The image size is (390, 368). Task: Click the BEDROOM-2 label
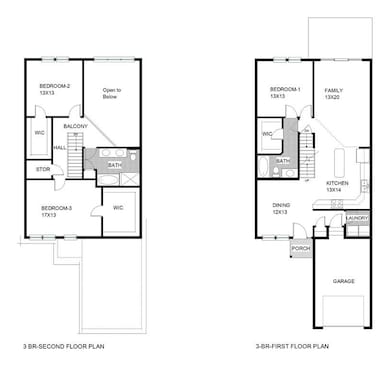click(54, 87)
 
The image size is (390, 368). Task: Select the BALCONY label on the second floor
click(75, 127)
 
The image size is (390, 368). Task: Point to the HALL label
click(59, 148)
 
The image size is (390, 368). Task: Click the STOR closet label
click(43, 169)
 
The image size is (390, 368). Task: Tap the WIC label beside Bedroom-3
click(118, 208)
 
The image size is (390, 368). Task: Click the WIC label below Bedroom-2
click(39, 133)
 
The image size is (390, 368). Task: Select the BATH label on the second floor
click(114, 165)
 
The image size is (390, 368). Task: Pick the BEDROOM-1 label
click(284, 91)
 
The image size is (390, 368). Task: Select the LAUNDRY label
click(356, 217)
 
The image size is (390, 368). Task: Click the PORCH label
click(299, 248)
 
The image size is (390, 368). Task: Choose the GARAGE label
click(343, 281)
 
